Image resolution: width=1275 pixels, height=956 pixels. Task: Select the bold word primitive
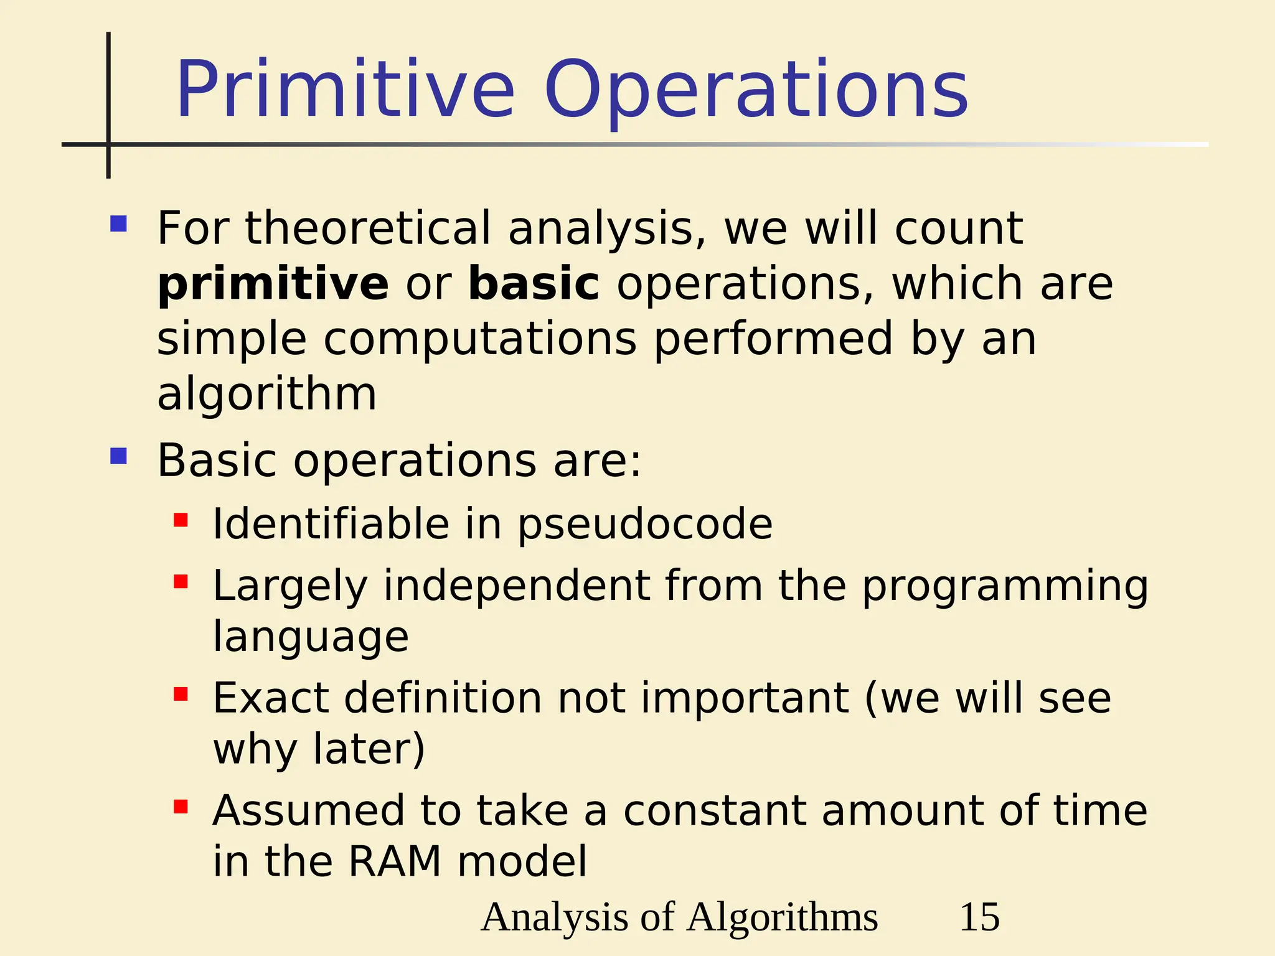pyautogui.click(x=273, y=284)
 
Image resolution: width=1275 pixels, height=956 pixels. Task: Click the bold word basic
pyautogui.click(x=534, y=284)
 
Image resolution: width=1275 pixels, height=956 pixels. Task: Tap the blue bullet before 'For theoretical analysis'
pyautogui.click(x=118, y=223)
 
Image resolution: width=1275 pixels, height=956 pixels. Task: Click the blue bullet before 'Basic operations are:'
pyautogui.click(x=118, y=456)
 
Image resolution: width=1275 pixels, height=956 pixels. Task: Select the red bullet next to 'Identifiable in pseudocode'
pyautogui.click(x=181, y=520)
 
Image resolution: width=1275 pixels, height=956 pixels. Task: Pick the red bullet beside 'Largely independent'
pyautogui.click(x=181, y=582)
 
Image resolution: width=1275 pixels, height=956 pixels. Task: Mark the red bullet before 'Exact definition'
pyautogui.click(x=181, y=694)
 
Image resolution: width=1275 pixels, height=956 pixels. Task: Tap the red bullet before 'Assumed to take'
pyautogui.click(x=181, y=807)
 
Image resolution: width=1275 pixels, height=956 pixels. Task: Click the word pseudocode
pyautogui.click(x=645, y=524)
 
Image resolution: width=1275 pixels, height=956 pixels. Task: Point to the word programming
pyautogui.click(x=1005, y=586)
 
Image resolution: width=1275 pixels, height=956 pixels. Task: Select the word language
pyautogui.click(x=311, y=637)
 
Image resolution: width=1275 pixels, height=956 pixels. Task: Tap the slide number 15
pyautogui.click(x=979, y=917)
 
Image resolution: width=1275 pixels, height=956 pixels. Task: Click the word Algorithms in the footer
pyautogui.click(x=783, y=917)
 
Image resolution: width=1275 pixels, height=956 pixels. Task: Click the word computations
pyautogui.click(x=480, y=339)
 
